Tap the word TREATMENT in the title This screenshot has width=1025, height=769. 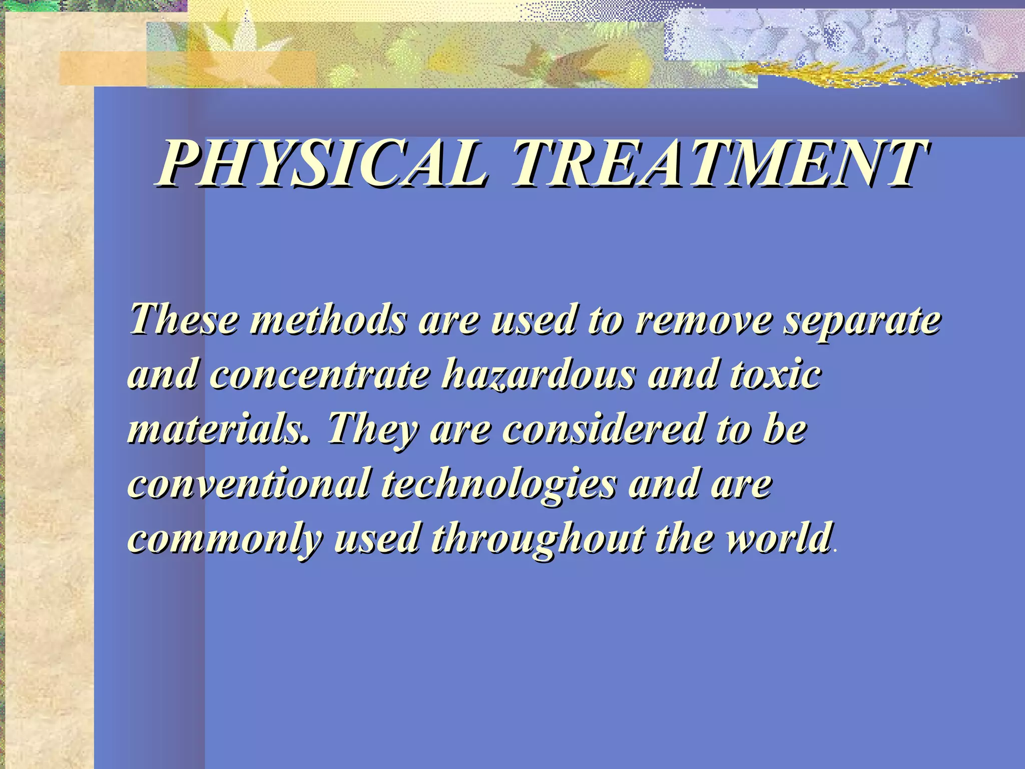[719, 163]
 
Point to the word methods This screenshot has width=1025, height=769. [327, 319]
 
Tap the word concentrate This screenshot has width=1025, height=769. [320, 374]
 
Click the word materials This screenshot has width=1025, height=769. [218, 429]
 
